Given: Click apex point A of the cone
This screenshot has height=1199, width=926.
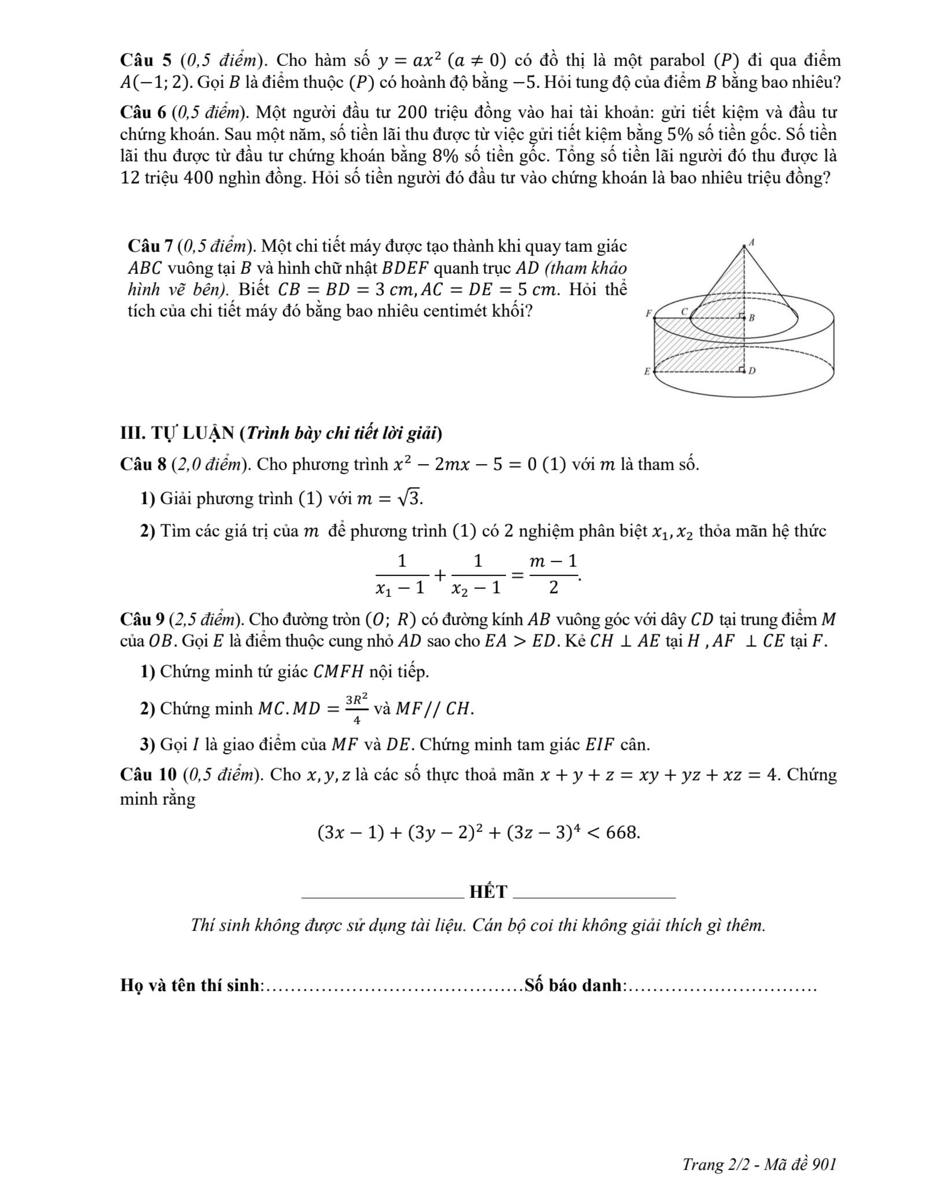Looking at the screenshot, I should pos(744,247).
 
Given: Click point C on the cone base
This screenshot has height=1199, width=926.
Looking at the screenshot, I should pos(690,317).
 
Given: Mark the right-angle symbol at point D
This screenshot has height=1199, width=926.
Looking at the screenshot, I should pos(742,369).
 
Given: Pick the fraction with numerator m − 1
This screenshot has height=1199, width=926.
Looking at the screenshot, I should pos(553,574).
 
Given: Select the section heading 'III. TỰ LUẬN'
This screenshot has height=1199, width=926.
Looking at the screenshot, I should pos(178,434).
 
